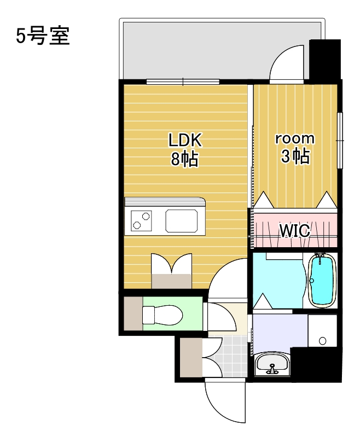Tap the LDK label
click(185, 140)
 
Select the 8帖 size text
click(185, 159)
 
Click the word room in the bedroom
click(294, 138)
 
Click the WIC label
click(295, 231)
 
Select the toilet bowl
click(161, 315)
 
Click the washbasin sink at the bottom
click(271, 363)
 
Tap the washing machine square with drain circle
click(322, 331)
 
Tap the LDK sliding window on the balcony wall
click(183, 82)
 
